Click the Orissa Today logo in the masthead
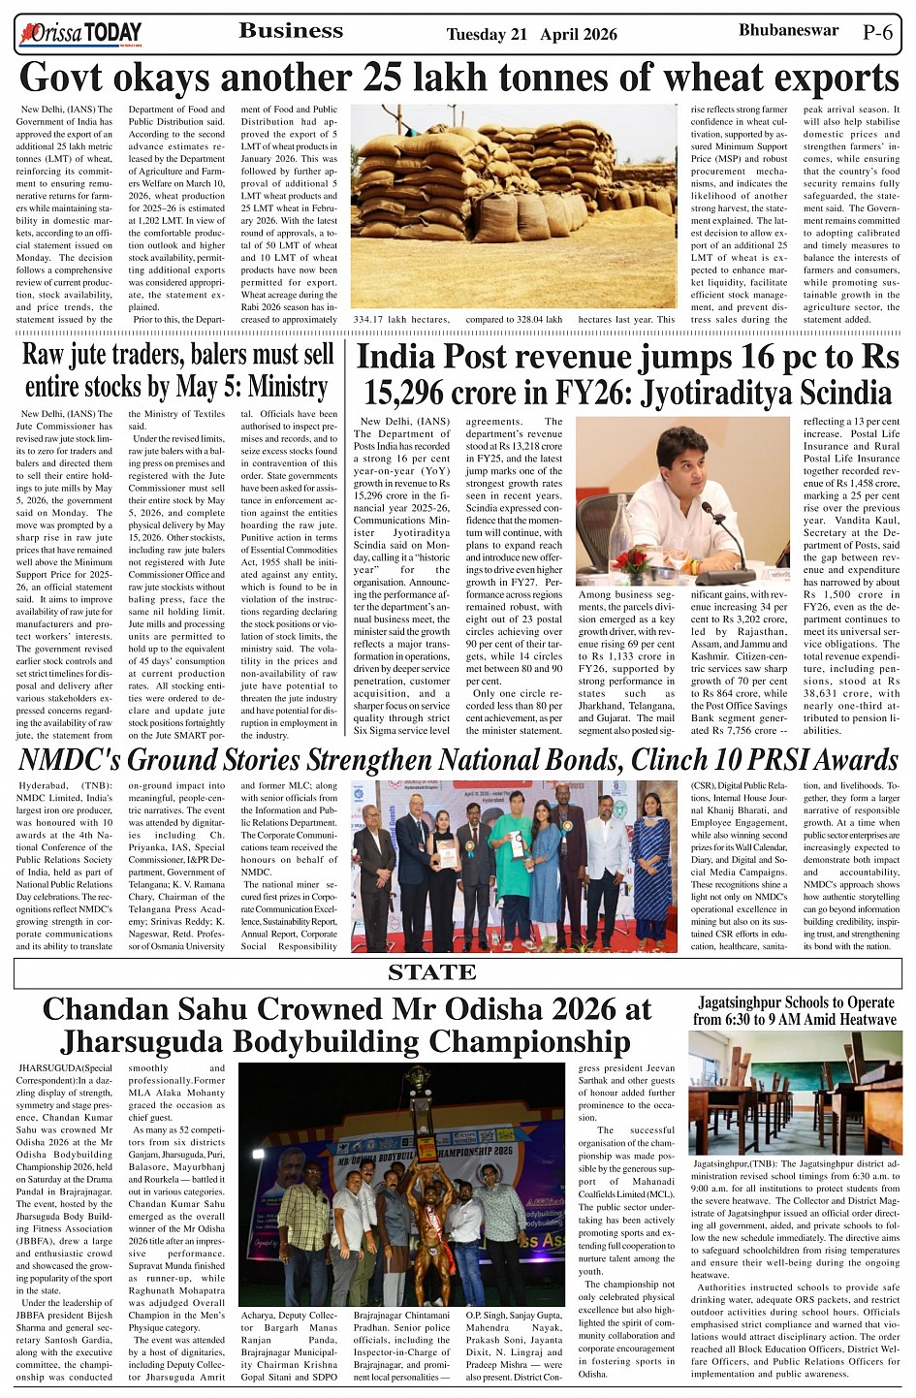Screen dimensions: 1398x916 [80, 35]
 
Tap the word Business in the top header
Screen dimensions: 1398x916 [291, 31]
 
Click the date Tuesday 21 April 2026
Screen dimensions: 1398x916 [531, 35]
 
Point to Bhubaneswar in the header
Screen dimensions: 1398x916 [788, 30]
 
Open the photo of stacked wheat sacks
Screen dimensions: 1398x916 [514, 206]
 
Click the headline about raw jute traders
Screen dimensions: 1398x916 [177, 370]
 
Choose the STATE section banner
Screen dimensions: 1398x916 [432, 972]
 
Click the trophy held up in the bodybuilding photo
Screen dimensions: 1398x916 [418, 1096]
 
